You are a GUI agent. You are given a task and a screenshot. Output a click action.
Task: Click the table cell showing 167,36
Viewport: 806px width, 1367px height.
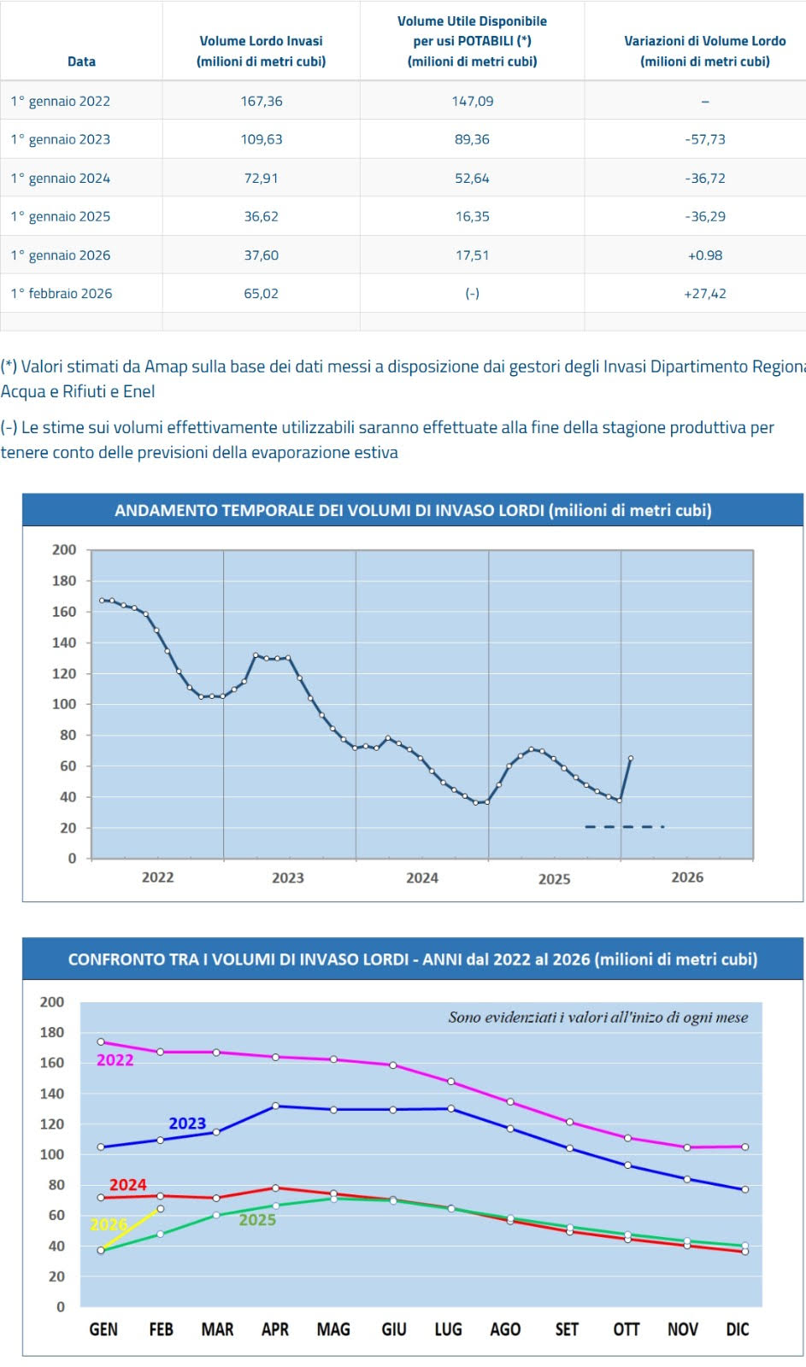262,101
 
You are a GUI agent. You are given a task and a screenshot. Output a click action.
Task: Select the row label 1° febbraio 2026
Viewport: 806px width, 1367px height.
62,293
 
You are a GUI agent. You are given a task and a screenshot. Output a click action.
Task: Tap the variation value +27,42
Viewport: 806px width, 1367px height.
704,293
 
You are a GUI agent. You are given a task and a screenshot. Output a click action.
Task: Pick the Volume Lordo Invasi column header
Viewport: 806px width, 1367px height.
261,51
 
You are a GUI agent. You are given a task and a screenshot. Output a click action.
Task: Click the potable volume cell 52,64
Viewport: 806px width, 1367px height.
472,178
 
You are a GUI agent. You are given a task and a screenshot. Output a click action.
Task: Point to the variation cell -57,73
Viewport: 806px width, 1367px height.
704,139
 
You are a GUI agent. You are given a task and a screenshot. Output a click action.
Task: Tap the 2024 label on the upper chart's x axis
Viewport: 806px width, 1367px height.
421,877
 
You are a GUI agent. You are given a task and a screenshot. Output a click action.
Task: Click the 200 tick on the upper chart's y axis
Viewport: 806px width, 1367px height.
64,549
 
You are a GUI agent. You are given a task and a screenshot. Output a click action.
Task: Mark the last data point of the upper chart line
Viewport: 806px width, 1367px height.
631,758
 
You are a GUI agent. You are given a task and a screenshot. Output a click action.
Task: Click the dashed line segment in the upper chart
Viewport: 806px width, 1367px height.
624,826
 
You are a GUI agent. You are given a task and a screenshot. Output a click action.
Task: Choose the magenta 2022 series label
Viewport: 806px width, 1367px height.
115,1060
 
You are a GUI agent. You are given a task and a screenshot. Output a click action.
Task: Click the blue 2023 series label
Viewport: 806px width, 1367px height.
187,1124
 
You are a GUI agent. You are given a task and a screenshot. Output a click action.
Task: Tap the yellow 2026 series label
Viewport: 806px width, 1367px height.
109,1224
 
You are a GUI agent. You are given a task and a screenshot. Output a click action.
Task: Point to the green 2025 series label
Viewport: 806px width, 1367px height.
257,1220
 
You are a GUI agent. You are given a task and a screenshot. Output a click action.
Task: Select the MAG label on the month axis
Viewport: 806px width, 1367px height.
333,1329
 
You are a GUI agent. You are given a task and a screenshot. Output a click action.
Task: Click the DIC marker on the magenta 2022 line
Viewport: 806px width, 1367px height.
745,1147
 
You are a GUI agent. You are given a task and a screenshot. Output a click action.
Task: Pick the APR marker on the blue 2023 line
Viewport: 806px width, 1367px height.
275,1106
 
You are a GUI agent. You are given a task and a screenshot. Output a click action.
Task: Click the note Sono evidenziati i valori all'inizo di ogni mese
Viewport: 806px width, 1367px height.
597,1018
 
